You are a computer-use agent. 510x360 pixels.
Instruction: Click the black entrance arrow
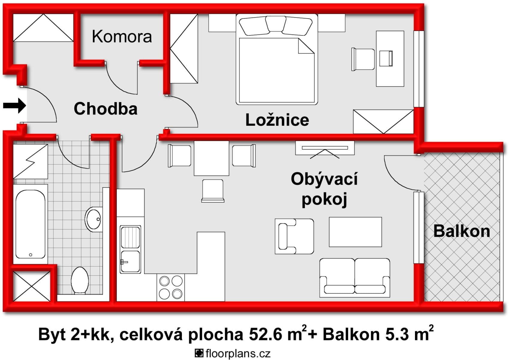(x=14, y=106)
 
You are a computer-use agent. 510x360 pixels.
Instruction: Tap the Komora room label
(x=122, y=37)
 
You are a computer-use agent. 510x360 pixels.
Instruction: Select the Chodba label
(x=106, y=109)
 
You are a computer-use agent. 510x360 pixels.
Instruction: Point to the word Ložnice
(x=277, y=120)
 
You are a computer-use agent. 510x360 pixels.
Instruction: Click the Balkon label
(x=461, y=231)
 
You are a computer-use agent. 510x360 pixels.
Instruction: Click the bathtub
(x=30, y=224)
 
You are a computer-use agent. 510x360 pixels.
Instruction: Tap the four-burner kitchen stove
(x=171, y=287)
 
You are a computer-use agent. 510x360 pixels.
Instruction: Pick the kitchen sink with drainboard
(x=130, y=249)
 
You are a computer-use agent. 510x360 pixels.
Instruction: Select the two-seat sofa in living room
(x=355, y=277)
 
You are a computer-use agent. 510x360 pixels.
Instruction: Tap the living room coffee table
(x=355, y=232)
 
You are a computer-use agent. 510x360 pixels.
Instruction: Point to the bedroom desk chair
(x=363, y=59)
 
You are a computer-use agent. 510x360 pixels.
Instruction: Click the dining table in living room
(x=211, y=158)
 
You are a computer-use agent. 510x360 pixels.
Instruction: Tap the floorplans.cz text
(x=238, y=353)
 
